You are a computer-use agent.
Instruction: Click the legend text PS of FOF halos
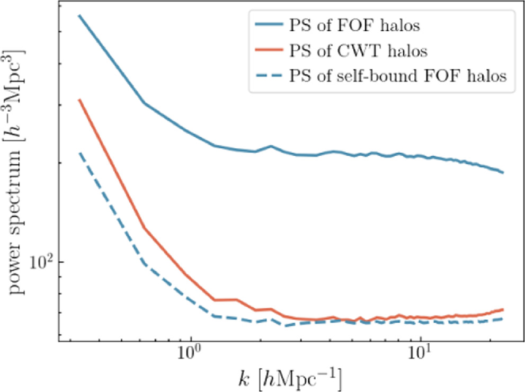(x=358, y=25)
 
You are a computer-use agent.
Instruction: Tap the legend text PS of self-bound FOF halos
(x=398, y=76)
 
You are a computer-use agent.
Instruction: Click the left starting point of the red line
(x=79, y=100)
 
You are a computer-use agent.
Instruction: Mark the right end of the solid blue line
(x=503, y=172)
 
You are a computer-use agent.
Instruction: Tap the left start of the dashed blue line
(x=79, y=153)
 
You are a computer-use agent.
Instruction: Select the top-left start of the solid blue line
(x=79, y=15)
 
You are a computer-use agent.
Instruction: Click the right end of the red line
(x=503, y=309)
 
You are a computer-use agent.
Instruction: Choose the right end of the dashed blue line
(x=503, y=319)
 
